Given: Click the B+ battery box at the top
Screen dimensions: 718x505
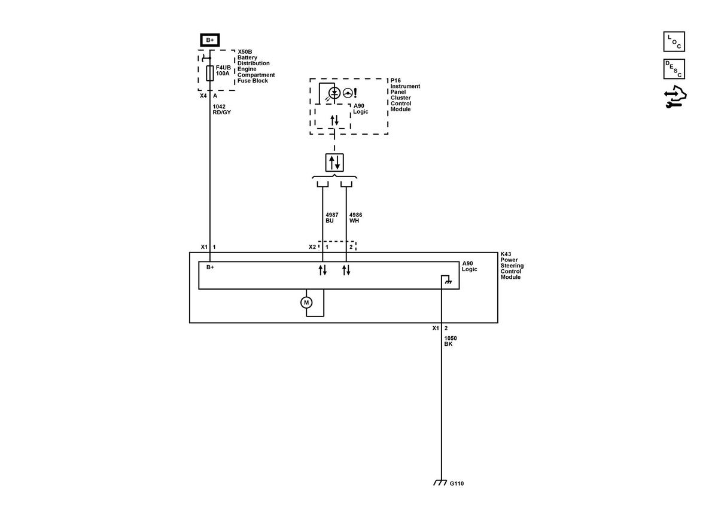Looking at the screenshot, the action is tap(209, 40).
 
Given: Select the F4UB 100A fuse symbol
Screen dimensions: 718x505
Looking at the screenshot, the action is tap(209, 73).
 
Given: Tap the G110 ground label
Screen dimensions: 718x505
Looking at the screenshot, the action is tap(457, 483).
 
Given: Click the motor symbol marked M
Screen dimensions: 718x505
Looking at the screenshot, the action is tap(306, 302).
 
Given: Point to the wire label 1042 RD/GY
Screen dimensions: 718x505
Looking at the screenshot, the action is tap(221, 109).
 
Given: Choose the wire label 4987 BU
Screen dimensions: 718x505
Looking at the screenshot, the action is tap(331, 218).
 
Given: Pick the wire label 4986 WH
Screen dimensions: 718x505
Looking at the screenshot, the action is tap(355, 218).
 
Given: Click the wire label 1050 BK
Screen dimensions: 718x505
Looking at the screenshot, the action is tap(451, 341).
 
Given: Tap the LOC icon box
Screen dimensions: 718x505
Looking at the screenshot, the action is tap(674, 41).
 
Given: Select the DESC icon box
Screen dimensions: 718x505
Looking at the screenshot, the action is tap(674, 69).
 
